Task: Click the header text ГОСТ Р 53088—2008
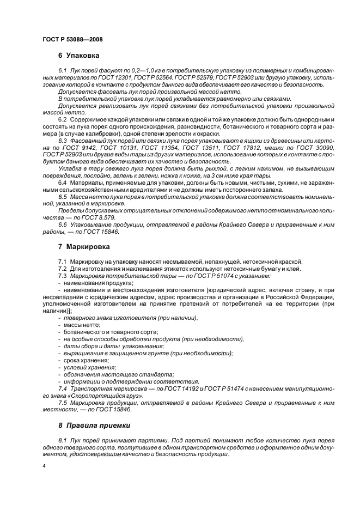pos(72,39)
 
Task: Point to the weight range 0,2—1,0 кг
pos(132,71)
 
